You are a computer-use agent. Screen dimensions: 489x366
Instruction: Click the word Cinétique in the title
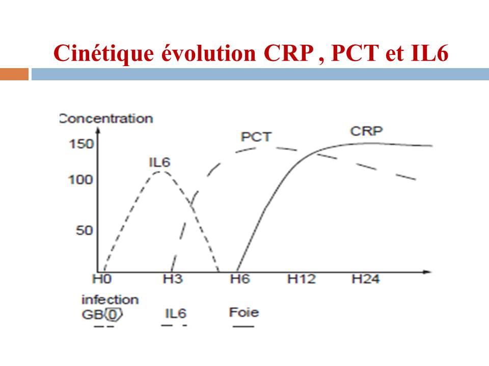pyautogui.click(x=103, y=53)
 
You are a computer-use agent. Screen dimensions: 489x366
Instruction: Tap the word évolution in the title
pyautogui.click(x=209, y=53)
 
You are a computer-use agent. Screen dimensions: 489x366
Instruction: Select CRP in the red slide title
pyautogui.click(x=288, y=53)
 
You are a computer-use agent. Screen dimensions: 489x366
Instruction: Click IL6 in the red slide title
pyautogui.click(x=429, y=53)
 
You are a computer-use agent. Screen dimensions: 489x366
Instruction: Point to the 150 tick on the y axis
pyautogui.click(x=81, y=144)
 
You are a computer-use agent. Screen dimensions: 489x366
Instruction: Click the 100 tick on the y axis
pyautogui.click(x=81, y=179)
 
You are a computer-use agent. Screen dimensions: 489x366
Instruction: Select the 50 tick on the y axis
pyautogui.click(x=85, y=230)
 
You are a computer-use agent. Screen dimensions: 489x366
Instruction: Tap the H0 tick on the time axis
pyautogui.click(x=102, y=279)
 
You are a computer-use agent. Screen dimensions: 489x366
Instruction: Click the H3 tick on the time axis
pyautogui.click(x=173, y=279)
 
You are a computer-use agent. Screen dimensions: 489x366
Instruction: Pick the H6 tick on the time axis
pyautogui.click(x=240, y=279)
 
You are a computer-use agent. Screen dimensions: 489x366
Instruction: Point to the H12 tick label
pyautogui.click(x=301, y=279)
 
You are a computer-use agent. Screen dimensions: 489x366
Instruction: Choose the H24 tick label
pyautogui.click(x=366, y=279)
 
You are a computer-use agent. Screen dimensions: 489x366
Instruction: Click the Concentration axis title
pyautogui.click(x=106, y=118)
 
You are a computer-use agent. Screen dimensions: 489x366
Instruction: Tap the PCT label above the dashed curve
pyautogui.click(x=256, y=137)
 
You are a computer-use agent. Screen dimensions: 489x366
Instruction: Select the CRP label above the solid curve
pyautogui.click(x=366, y=131)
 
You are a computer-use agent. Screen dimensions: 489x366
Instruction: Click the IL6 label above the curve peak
pyautogui.click(x=159, y=162)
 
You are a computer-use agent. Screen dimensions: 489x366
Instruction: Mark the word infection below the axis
pyautogui.click(x=110, y=300)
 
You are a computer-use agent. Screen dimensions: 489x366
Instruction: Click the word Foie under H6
pyautogui.click(x=244, y=312)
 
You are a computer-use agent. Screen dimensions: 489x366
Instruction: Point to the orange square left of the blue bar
pyautogui.click(x=14, y=74)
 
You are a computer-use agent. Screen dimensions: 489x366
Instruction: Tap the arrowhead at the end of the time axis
pyautogui.click(x=428, y=272)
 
